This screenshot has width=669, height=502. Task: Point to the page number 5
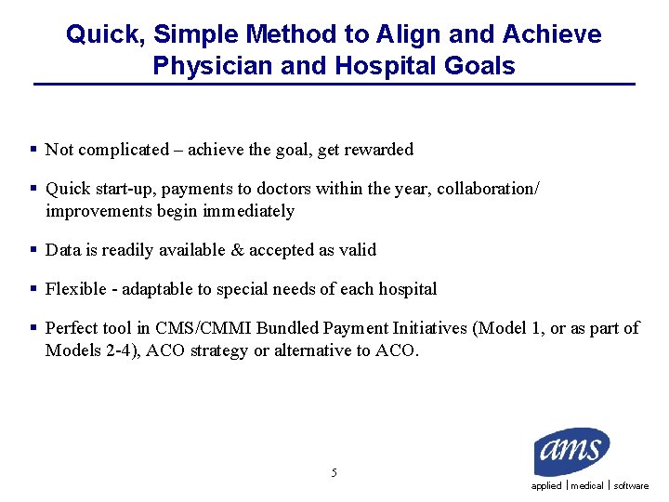click(334, 473)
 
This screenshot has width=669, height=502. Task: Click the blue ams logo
click(571, 453)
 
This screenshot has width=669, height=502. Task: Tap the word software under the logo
click(631, 486)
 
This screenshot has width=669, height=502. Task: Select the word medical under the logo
click(587, 486)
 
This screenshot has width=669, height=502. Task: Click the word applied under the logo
click(546, 486)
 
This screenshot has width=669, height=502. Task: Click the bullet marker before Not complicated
click(33, 150)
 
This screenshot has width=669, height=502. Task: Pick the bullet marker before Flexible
click(33, 289)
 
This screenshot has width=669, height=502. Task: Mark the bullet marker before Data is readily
click(33, 250)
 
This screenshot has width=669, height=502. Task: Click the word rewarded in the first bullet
click(378, 150)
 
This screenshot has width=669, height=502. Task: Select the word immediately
click(249, 211)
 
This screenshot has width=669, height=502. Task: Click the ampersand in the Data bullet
click(238, 250)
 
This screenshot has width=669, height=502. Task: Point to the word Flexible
click(75, 289)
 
